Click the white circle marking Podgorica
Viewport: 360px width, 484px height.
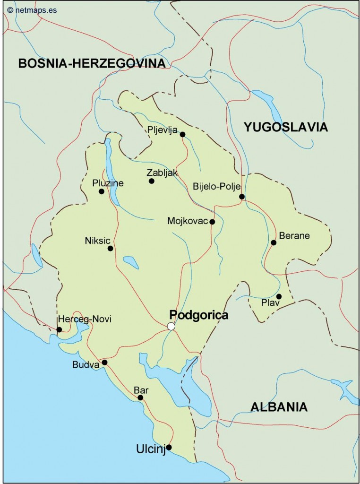click(x=171, y=326)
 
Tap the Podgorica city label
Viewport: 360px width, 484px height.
click(x=198, y=315)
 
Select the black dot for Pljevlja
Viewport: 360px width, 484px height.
click(x=182, y=134)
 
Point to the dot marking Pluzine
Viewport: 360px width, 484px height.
click(x=101, y=191)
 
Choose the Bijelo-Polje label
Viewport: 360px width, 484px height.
click(x=217, y=187)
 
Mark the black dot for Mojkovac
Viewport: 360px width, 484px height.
click(x=212, y=222)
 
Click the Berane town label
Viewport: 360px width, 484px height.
click(x=294, y=235)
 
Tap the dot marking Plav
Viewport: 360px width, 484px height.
click(x=279, y=296)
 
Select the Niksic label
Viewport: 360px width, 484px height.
click(x=96, y=240)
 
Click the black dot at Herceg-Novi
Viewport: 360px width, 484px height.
click(x=59, y=329)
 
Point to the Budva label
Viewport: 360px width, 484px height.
click(x=86, y=364)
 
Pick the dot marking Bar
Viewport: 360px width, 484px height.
click(x=140, y=398)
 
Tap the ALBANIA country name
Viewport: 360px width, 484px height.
click(x=279, y=406)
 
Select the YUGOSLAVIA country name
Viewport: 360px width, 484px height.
click(x=285, y=127)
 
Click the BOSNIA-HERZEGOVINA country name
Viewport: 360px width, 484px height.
click(x=92, y=63)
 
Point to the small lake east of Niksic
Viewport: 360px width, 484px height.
click(x=130, y=261)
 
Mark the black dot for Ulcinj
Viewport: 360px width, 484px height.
click(x=169, y=447)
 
